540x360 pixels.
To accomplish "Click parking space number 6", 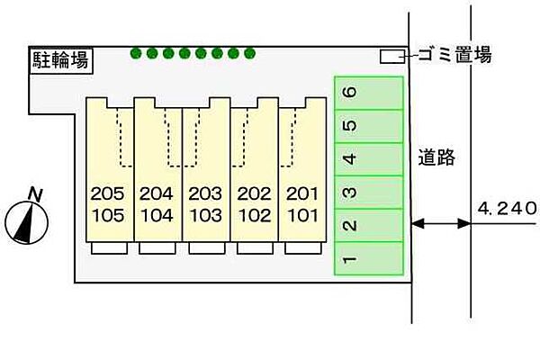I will pos(368,93).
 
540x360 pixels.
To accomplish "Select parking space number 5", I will pos(368,126).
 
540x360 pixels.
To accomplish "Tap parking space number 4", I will pos(368,159).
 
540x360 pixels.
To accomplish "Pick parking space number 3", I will pos(368,193).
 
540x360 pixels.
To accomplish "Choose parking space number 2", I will pos(368,226).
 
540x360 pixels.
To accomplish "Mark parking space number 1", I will pos(368,259).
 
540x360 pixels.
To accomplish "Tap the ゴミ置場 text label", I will pos(454,56).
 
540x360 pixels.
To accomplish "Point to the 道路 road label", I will pos(437,159).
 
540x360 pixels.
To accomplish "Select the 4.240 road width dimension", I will pos(507,208).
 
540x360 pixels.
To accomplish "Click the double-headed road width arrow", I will pos(441,224).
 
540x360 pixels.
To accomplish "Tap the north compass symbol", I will pos(29,220).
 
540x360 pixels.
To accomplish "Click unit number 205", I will pos(107,193).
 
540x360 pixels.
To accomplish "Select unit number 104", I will pos(156,215).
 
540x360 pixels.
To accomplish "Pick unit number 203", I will pos(205,193).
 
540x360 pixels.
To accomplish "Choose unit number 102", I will pos(253,215).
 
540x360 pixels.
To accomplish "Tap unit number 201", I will pos(301,193).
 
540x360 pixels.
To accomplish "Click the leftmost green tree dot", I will pos(136,54).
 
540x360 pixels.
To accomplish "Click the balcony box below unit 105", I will pos(109,248).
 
